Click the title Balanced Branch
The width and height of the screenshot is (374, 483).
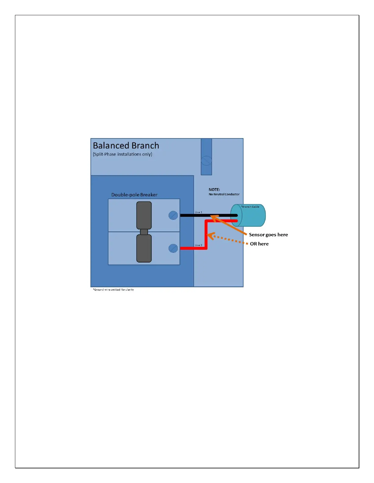(x=126, y=145)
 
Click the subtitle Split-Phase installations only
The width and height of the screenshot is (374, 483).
(x=123, y=154)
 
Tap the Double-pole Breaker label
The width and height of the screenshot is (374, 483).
(x=134, y=195)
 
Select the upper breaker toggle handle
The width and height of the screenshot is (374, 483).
(x=144, y=215)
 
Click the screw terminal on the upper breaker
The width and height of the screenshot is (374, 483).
(x=173, y=215)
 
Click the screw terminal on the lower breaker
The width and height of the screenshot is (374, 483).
(x=173, y=248)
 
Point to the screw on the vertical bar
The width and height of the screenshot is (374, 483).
(x=206, y=160)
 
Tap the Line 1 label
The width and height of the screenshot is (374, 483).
(x=199, y=212)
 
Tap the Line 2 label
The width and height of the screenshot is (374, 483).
(x=199, y=245)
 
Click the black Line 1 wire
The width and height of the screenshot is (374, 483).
(x=196, y=215)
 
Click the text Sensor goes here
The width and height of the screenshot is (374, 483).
(x=268, y=235)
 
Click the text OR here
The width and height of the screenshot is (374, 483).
(x=259, y=244)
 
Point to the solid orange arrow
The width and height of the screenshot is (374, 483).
(x=229, y=225)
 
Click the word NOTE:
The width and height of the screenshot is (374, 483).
(x=214, y=190)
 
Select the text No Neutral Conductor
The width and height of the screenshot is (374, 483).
(x=224, y=194)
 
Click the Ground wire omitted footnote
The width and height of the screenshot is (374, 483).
(x=113, y=290)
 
